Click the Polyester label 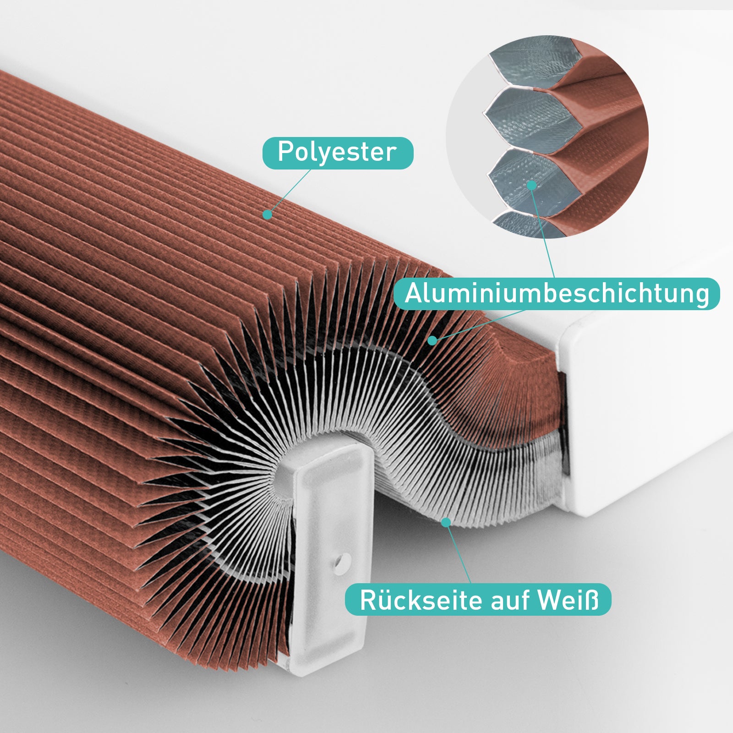tap(338, 153)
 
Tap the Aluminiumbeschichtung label tap(557, 294)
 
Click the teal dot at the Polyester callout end tap(268, 214)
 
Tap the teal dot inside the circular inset tap(531, 185)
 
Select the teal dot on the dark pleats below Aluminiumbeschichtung tap(432, 340)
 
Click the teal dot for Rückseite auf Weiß tap(445, 522)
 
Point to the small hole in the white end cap tap(341, 561)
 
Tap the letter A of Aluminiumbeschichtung tap(414, 293)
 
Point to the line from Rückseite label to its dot tap(458, 552)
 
